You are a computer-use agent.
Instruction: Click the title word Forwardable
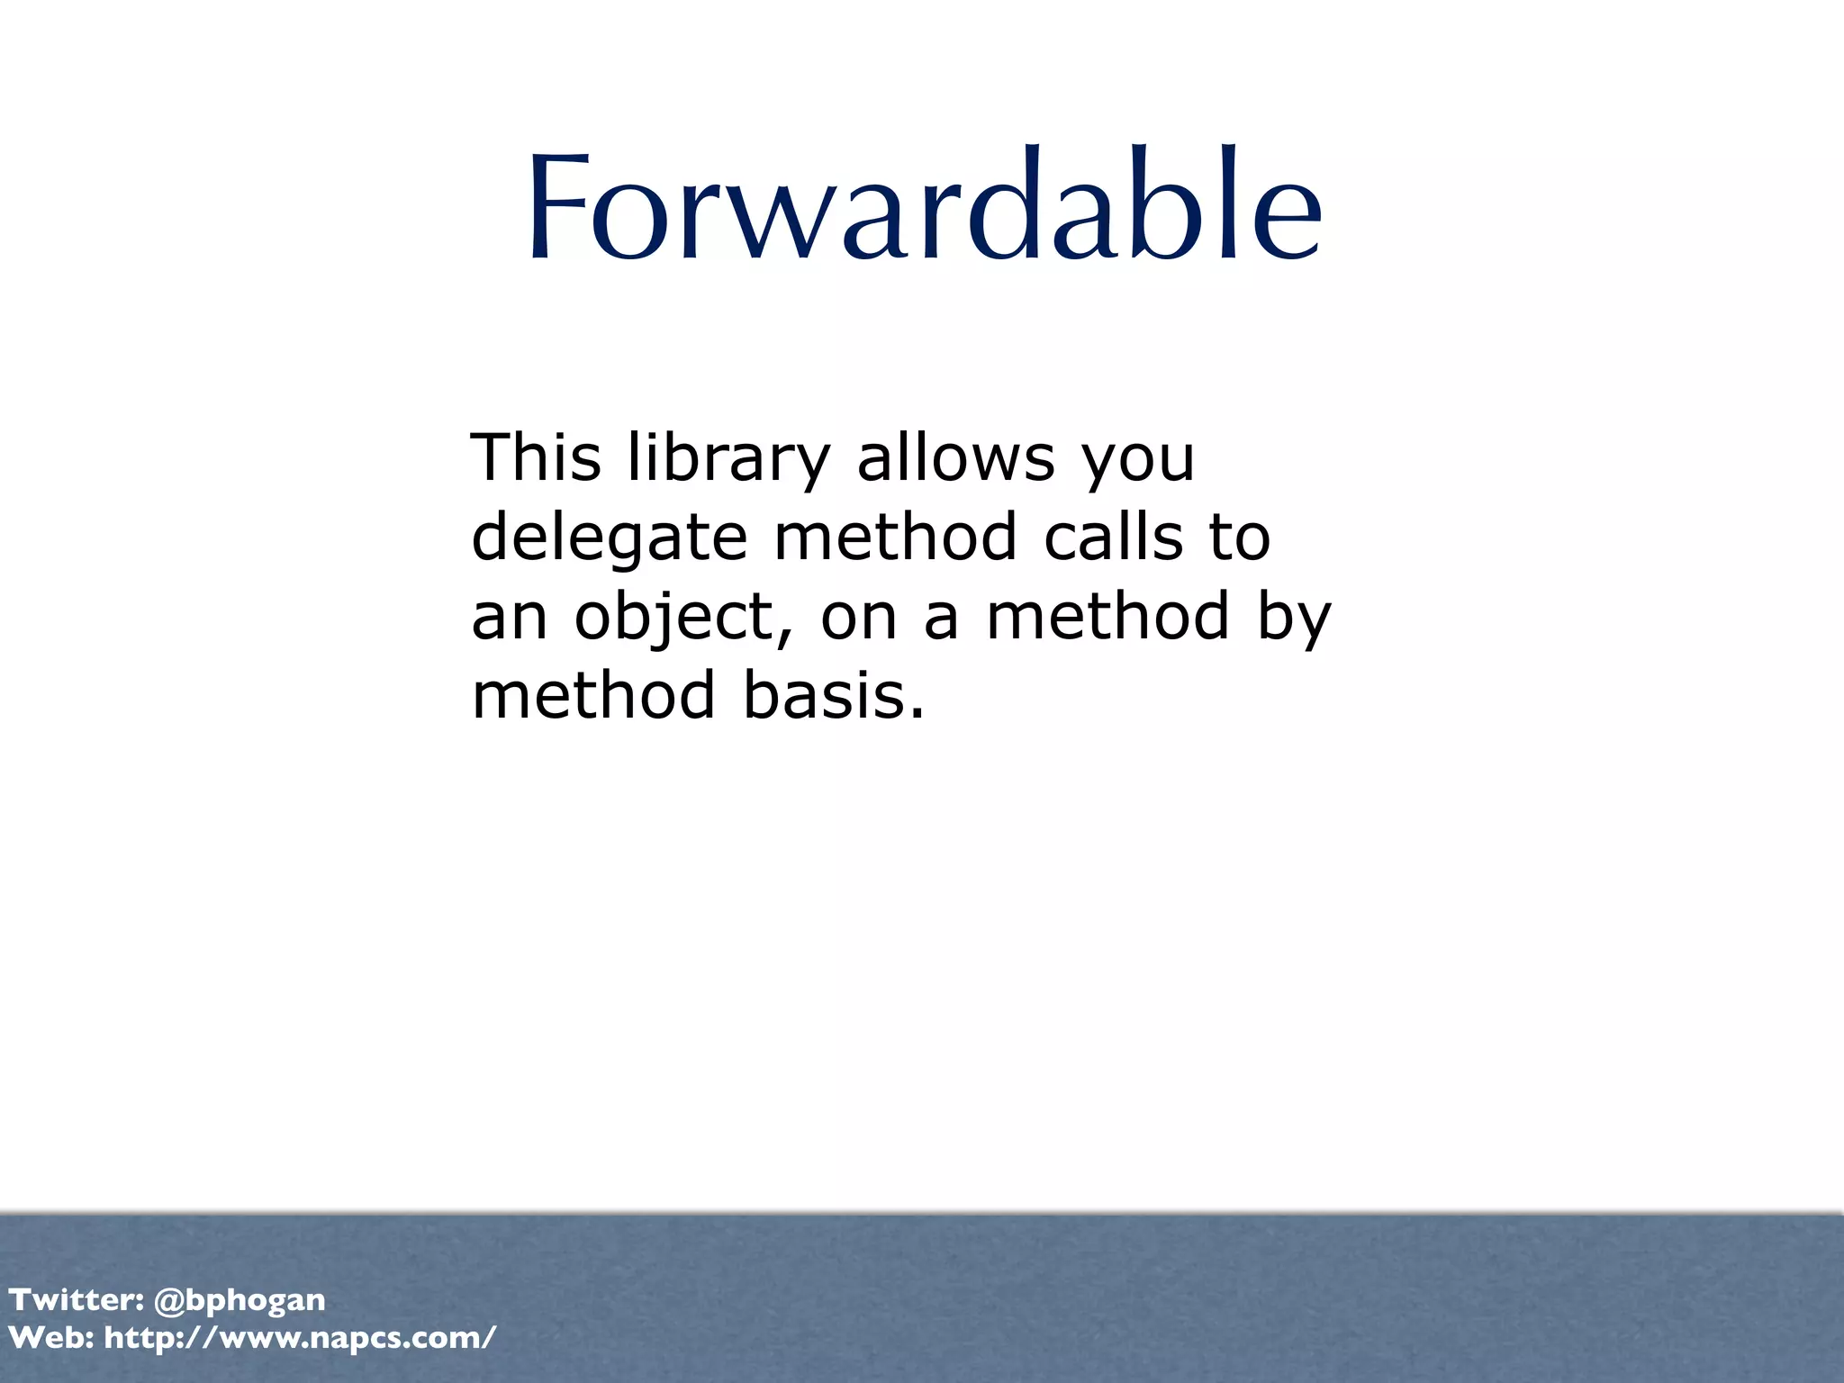[924, 207]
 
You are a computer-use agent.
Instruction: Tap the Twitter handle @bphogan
[240, 1300]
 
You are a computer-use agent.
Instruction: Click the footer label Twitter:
[77, 1299]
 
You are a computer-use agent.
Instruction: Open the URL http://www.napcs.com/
[300, 1338]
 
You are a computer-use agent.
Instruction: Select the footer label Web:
[51, 1337]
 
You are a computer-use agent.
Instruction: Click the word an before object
[510, 618]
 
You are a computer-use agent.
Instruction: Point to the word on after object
[858, 618]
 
